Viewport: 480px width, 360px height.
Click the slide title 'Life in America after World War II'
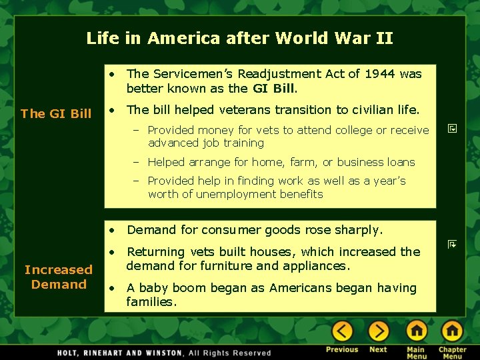(239, 38)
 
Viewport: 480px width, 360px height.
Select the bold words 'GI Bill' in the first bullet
(273, 88)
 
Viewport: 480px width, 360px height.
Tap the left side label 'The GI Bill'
(56, 113)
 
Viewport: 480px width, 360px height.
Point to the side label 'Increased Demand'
(59, 277)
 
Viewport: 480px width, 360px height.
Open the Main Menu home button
(416, 331)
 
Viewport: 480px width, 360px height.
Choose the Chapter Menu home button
(452, 331)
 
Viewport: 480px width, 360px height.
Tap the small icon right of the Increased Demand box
(451, 245)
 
